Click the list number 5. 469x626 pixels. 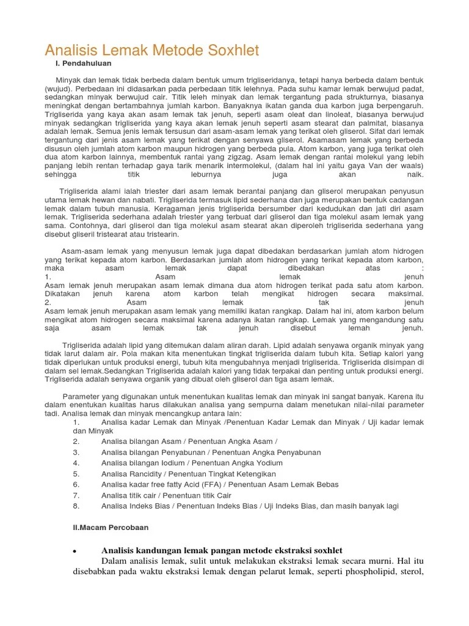[x=76, y=474]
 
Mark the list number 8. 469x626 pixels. [x=76, y=506]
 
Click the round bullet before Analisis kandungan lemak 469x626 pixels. [x=73, y=551]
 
